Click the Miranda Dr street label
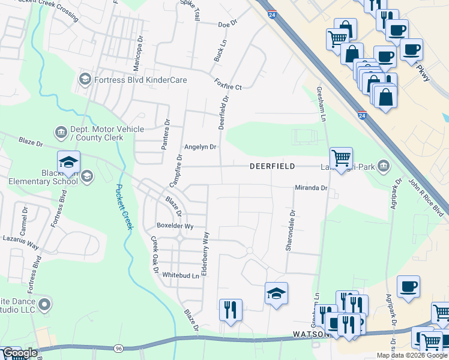point(310,188)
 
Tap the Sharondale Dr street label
point(292,230)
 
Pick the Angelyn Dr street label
point(200,146)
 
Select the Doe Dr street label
point(228,25)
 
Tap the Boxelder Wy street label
point(175,226)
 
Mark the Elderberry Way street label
point(206,254)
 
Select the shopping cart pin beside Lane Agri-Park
point(341,158)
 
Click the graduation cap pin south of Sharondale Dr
point(276,294)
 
